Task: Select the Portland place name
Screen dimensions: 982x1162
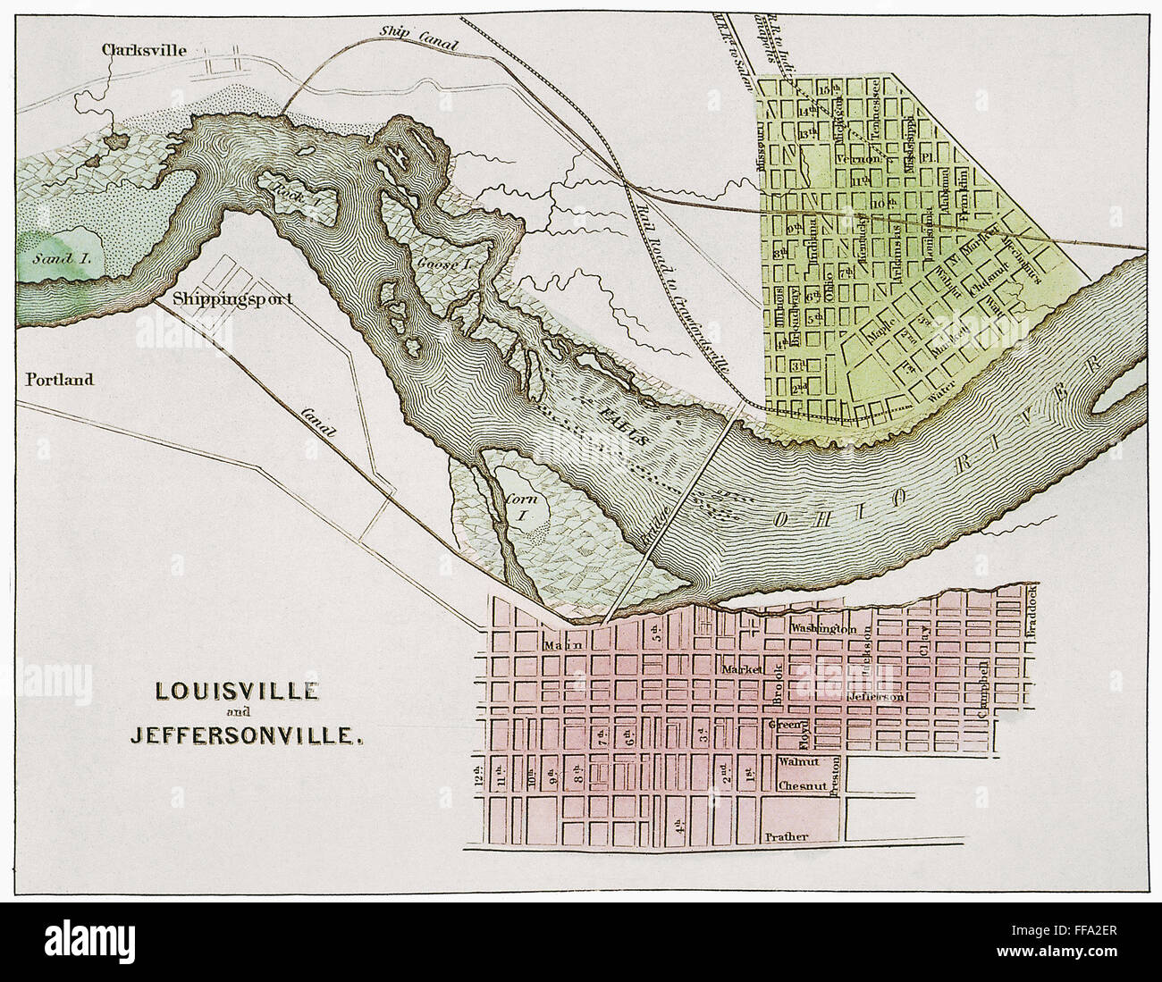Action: (60, 380)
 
